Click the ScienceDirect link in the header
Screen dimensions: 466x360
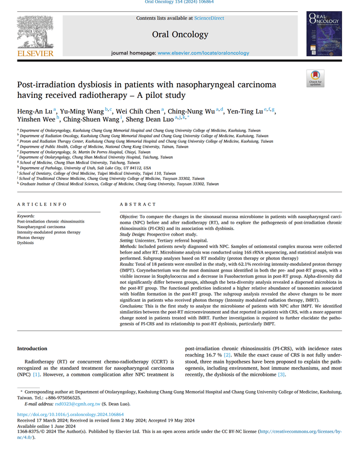[209, 18]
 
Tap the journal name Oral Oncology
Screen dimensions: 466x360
[180, 34]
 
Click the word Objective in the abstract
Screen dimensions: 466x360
[129, 216]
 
